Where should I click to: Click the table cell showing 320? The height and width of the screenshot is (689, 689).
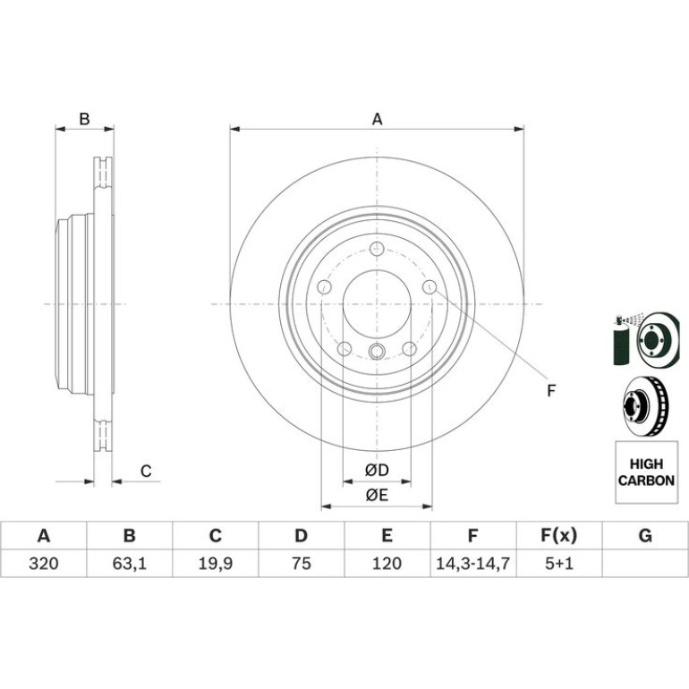44,564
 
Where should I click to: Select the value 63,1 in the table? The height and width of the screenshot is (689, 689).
129,564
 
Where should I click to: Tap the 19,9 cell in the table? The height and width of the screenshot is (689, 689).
216,564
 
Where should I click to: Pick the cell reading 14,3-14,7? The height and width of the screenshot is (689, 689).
472,564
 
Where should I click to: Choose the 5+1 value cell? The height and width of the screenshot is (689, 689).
559,564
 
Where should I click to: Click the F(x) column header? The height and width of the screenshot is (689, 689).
559,536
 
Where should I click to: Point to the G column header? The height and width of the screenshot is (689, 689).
645,536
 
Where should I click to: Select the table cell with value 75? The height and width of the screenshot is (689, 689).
301,564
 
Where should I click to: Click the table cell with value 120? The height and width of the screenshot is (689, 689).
387,564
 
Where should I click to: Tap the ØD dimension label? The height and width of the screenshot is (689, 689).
377,470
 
